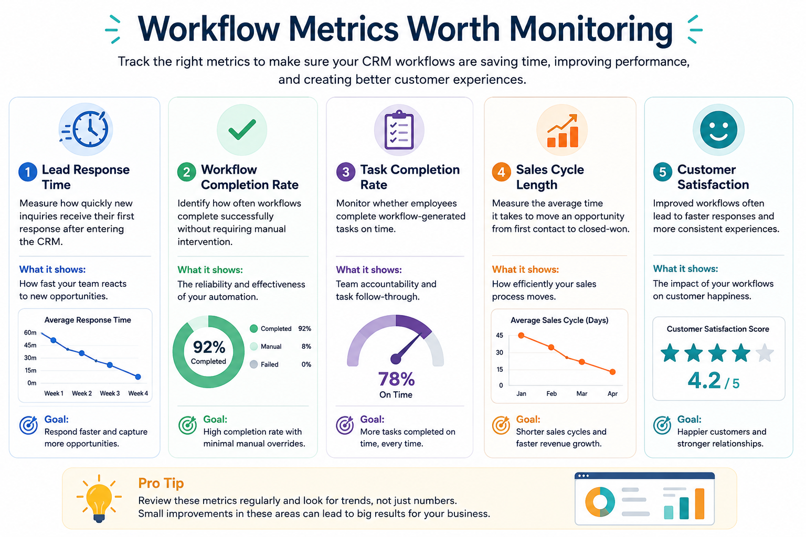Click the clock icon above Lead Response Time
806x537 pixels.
click(87, 130)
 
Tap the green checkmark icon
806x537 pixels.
click(242, 129)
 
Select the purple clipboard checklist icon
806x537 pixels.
click(399, 130)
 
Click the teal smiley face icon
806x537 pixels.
click(718, 130)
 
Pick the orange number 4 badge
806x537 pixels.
click(501, 173)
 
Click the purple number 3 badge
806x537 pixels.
click(345, 173)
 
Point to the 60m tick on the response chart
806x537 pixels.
click(30, 332)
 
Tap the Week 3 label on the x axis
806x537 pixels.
click(110, 393)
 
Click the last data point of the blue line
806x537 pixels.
click(138, 377)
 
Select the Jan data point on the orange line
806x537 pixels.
click(521, 336)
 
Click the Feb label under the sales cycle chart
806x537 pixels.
click(552, 393)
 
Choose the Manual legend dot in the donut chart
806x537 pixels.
click(253, 346)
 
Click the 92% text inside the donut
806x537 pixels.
click(209, 347)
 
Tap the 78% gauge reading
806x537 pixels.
click(396, 379)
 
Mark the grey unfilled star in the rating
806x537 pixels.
click(765, 353)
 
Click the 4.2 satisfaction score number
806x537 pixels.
click(704, 380)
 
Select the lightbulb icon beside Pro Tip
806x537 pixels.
click(99, 499)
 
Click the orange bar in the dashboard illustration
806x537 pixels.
click(699, 503)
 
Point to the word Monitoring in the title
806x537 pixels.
click(590, 29)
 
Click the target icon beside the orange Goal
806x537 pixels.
click(501, 425)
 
